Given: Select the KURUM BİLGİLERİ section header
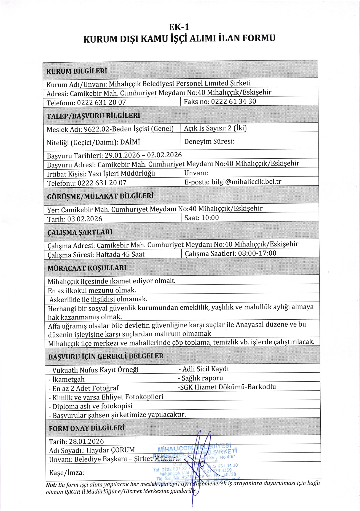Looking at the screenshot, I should (x=77, y=71).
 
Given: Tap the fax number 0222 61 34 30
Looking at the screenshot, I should (x=233, y=101).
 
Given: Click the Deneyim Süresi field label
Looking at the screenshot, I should (x=209, y=141).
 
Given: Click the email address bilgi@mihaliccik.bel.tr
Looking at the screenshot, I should (x=246, y=182).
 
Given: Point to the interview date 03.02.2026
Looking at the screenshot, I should (x=85, y=219).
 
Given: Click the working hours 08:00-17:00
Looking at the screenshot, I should (x=257, y=253).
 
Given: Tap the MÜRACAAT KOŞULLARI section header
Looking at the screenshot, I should (x=87, y=268).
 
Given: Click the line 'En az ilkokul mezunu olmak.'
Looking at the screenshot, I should (x=92, y=290).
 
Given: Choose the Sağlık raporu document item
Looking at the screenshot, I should (x=202, y=378).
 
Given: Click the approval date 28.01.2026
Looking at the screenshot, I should (x=86, y=441).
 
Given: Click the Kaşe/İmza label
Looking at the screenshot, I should (x=67, y=473).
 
